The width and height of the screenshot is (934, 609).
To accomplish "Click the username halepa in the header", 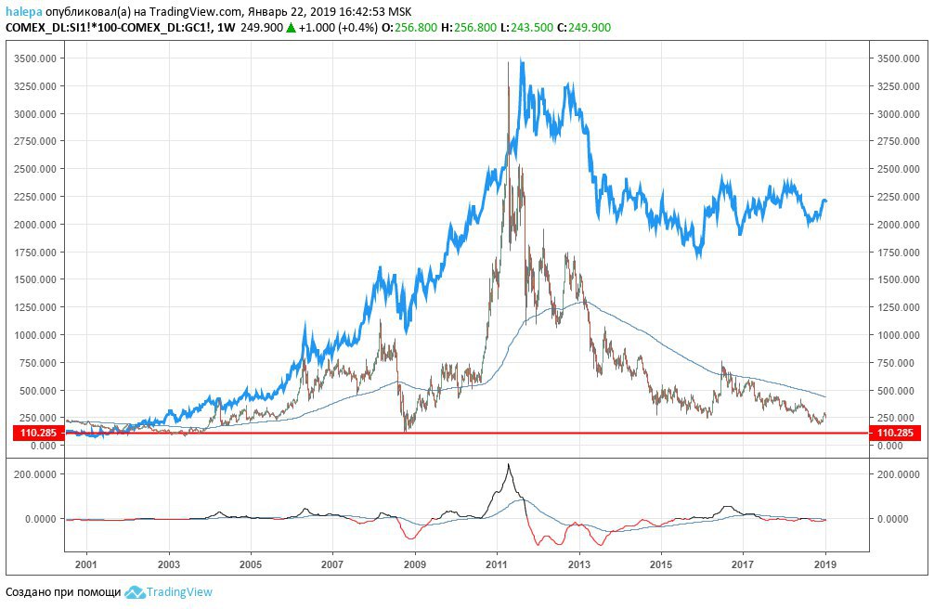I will point(24,11).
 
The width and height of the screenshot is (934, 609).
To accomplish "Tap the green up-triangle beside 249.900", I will point(291,27).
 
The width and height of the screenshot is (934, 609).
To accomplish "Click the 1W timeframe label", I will point(225,27).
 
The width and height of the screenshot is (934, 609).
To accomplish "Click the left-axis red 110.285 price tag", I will point(37,433).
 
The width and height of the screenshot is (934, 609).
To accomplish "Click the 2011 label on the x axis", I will point(497,564).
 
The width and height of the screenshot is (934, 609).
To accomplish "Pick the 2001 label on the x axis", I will point(85,564).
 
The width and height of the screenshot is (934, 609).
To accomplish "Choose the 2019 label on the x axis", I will point(825,564).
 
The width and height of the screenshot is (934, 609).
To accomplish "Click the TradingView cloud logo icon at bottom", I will point(136,592).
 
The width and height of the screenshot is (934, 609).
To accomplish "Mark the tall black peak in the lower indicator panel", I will point(508,465).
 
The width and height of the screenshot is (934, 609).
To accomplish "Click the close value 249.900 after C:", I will point(590,27).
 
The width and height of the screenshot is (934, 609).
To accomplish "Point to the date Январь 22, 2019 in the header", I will point(290,11).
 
